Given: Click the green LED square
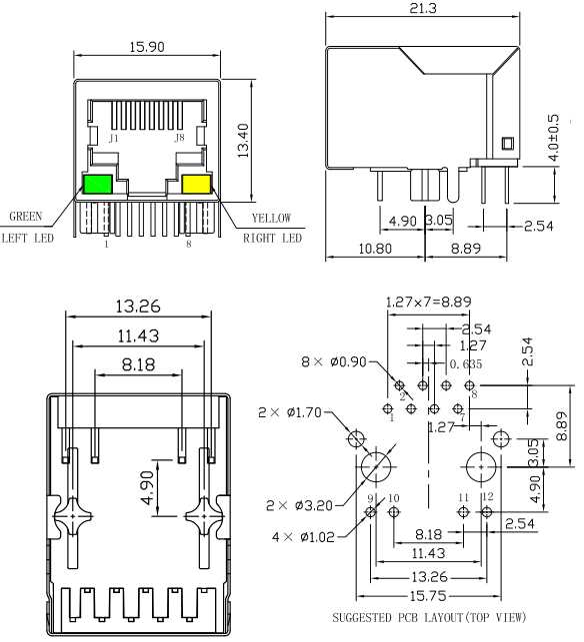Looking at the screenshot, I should [98, 184].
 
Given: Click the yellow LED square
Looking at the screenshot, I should [196, 184].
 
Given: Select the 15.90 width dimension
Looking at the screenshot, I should [147, 47].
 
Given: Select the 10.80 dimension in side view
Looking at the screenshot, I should [376, 250].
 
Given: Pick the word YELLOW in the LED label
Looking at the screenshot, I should [271, 218].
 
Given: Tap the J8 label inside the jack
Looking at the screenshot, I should [180, 137].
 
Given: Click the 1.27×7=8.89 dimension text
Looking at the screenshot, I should [428, 301].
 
